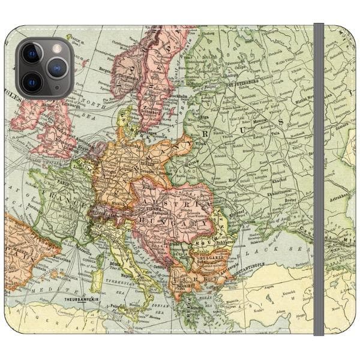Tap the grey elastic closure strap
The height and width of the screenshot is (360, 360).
click(318, 180)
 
